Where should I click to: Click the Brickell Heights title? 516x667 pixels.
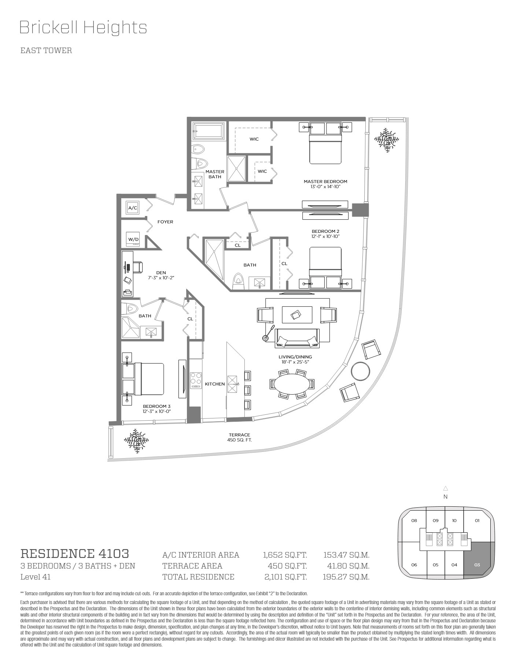(x=83, y=27)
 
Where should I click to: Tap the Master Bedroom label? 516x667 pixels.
(x=325, y=182)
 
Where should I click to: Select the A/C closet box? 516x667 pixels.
(x=132, y=208)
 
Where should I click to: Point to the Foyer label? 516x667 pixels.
(x=165, y=222)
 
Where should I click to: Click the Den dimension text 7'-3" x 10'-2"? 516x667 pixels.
(x=161, y=278)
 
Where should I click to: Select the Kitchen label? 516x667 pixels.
(x=215, y=384)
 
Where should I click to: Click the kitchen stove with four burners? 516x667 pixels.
(x=196, y=380)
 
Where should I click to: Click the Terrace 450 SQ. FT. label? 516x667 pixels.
(x=240, y=437)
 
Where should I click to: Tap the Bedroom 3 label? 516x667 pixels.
(x=157, y=406)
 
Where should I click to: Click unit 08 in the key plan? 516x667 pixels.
(x=414, y=521)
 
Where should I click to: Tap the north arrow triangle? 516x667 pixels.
(x=446, y=488)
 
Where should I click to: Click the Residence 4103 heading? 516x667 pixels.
(x=75, y=553)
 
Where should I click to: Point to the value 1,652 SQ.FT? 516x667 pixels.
(x=285, y=555)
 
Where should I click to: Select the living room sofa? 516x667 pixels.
(x=297, y=338)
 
